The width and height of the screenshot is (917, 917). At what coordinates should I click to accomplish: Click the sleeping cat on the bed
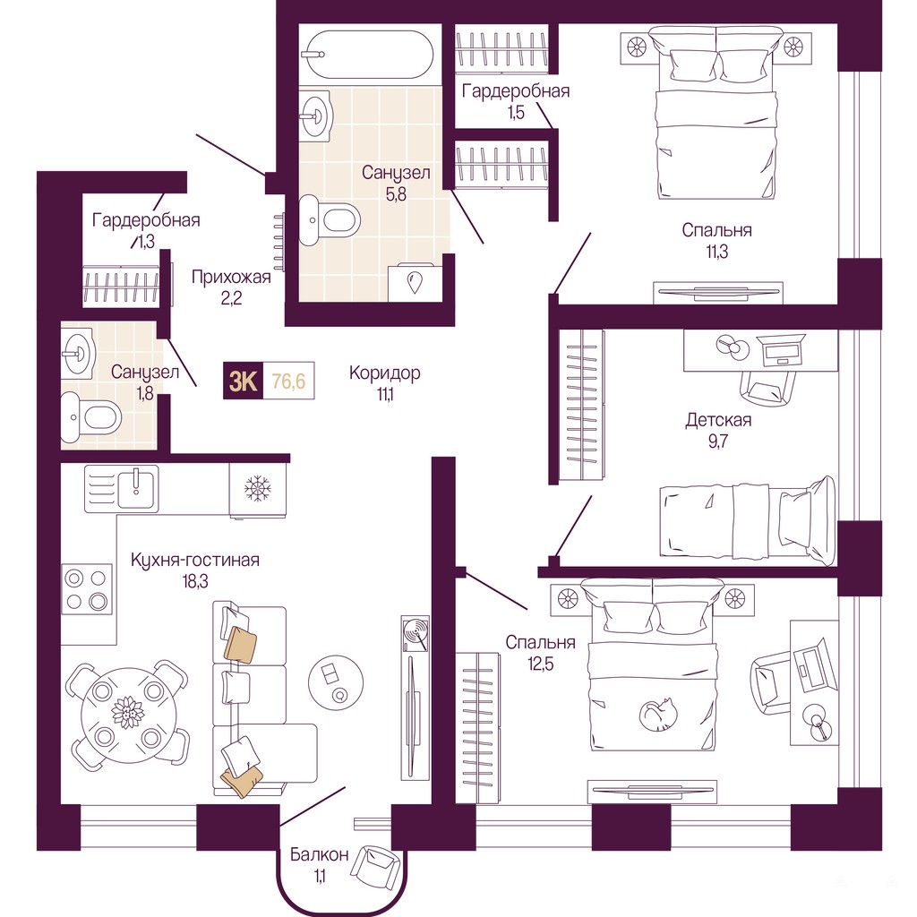tap(658, 715)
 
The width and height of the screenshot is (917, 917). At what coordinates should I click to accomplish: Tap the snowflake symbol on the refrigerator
tap(258, 488)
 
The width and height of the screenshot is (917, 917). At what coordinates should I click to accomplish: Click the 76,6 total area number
tap(288, 381)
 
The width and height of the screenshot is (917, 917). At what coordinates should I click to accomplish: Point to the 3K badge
tap(244, 381)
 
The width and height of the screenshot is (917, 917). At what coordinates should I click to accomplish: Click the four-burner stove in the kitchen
tap(87, 589)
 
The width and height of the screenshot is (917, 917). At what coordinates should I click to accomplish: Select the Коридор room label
tap(385, 373)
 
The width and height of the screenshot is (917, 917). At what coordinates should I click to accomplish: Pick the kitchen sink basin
tap(138, 489)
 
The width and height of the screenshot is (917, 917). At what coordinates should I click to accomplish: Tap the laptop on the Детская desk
tap(780, 350)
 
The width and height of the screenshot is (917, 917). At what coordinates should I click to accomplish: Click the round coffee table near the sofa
tap(336, 682)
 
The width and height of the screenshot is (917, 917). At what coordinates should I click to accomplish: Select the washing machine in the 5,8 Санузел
tap(416, 283)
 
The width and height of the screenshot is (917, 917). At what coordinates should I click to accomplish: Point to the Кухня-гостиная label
tap(194, 560)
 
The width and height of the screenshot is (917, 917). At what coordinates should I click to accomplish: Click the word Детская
tap(718, 420)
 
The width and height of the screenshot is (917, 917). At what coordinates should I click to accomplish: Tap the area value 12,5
tap(540, 664)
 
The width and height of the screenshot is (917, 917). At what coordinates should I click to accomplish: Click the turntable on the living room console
tap(416, 633)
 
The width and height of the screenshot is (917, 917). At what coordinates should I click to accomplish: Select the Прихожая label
tap(232, 278)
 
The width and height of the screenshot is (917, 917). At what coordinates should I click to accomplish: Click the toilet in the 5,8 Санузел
tap(330, 220)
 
